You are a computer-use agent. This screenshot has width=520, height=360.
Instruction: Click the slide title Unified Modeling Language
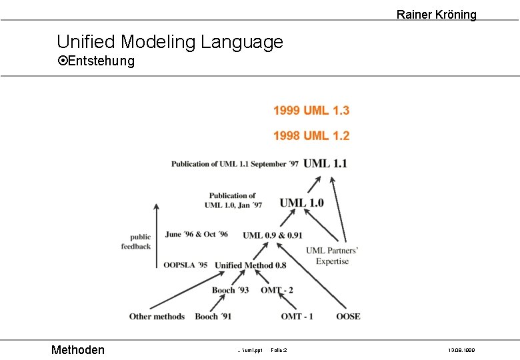pyautogui.click(x=170, y=42)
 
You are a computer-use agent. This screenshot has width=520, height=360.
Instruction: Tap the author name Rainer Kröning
pyautogui.click(x=436, y=14)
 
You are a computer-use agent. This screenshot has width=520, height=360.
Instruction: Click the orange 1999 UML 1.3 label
pyautogui.click(x=311, y=111)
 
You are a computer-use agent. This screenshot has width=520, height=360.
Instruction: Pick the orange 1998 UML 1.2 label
pyautogui.click(x=311, y=135)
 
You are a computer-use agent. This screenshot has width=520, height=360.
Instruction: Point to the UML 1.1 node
pyautogui.click(x=325, y=163)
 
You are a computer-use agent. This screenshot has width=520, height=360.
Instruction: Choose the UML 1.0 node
pyautogui.click(x=301, y=202)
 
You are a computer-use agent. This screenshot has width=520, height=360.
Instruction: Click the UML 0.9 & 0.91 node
pyautogui.click(x=272, y=235)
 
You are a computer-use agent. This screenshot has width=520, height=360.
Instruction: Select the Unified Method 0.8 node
pyautogui.click(x=250, y=265)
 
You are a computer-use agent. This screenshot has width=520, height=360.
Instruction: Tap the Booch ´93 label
pyautogui.click(x=230, y=290)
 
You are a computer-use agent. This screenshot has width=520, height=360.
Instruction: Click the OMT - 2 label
pyautogui.click(x=277, y=290)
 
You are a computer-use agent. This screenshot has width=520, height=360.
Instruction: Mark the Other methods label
pyautogui.click(x=157, y=316)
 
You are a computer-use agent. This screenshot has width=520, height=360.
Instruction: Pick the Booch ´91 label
pyautogui.click(x=213, y=316)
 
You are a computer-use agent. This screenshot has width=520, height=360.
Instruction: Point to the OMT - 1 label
pyautogui.click(x=297, y=316)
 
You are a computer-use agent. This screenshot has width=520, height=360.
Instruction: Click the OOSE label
pyautogui.click(x=348, y=316)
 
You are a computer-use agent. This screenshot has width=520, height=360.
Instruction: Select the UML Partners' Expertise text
pyautogui.click(x=332, y=256)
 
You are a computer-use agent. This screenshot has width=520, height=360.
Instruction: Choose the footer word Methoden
pyautogui.click(x=78, y=349)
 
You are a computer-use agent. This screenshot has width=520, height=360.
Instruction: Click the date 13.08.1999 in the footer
pyautogui.click(x=461, y=350)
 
